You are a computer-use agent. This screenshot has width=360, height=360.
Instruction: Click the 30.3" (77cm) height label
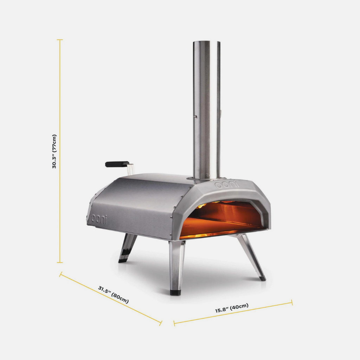tap(54, 151)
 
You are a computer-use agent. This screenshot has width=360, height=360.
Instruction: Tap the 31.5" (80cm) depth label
tap(113, 295)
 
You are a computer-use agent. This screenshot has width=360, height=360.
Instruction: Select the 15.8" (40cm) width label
tap(232, 308)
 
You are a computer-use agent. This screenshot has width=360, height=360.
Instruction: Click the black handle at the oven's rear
tap(117, 164)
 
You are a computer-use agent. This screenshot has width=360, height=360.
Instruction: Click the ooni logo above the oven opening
tap(227, 184)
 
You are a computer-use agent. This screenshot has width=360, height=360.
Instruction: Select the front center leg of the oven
tap(177, 265)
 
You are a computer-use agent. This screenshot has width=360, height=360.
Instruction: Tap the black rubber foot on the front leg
tap(175, 292)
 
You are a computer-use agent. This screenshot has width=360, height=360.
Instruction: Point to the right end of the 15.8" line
tap(291, 303)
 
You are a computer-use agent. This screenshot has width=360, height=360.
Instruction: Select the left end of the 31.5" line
tap(60, 274)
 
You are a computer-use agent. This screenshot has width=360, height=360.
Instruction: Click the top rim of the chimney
tap(206, 42)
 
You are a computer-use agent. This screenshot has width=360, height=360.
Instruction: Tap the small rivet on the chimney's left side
tap(196, 116)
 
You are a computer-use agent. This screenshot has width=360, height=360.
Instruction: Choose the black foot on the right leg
tap(263, 278)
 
